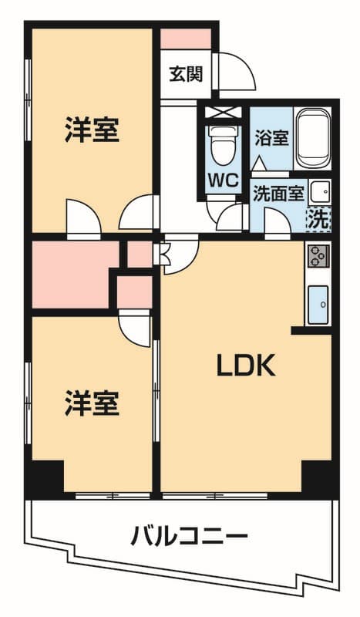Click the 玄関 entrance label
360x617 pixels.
coord(186,74)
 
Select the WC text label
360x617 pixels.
coord(224,180)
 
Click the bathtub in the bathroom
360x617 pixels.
coord(313,138)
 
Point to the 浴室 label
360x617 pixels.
coord(271,138)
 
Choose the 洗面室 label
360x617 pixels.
coord(279,194)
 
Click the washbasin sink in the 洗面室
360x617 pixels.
coord(319,192)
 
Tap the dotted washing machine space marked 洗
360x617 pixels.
coord(318,220)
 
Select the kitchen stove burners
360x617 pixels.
coord(318,256)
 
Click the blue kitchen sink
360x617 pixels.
coord(318,305)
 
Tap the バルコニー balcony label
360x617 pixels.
coord(190,536)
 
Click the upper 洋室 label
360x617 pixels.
coord(92,130)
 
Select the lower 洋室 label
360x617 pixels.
coord(92,403)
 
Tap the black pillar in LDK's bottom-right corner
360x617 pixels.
coord(317,477)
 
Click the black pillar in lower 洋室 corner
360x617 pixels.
coord(47,476)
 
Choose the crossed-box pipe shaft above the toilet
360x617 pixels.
coord(224,113)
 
